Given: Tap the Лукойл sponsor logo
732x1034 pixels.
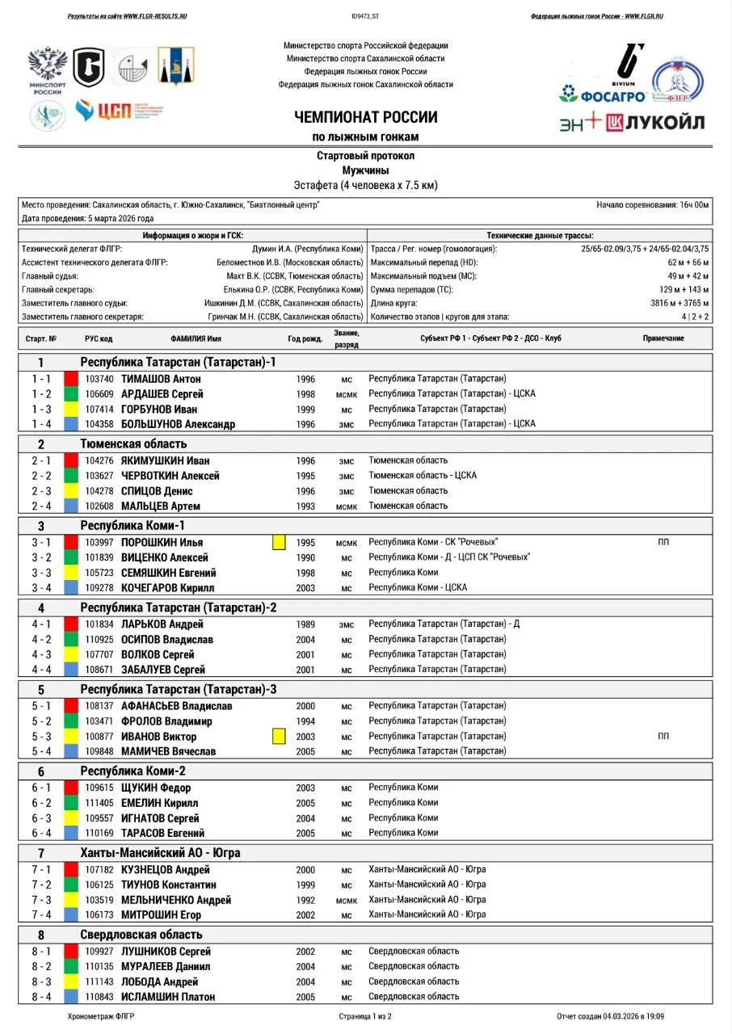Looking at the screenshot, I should tap(655, 122).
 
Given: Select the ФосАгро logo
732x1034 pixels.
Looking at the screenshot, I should tap(603, 95).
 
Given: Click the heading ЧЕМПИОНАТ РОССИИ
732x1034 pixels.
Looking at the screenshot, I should tap(365, 117).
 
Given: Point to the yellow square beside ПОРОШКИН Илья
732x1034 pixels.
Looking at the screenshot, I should tap(279, 543).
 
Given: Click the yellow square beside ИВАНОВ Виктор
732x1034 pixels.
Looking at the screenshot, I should tap(279, 736).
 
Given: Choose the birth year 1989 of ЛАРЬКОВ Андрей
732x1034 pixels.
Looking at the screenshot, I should tap(305, 624).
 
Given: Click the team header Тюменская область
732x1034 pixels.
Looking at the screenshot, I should tap(133, 443).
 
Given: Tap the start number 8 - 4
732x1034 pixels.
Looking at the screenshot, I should tap(41, 997).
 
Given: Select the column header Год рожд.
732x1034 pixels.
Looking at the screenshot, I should tap(305, 338).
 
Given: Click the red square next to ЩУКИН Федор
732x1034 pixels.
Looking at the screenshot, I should tap(71, 788).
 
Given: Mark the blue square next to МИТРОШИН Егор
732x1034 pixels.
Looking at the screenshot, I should tap(71, 915).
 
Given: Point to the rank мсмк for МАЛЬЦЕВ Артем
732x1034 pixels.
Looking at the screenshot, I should tap(347, 506).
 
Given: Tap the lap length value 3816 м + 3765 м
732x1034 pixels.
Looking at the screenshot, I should tap(675, 302).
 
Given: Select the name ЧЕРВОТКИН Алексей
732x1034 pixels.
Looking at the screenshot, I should tap(170, 476).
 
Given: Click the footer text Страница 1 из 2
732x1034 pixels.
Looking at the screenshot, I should tap(365, 1016).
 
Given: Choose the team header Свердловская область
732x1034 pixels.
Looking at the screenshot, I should tap(141, 935).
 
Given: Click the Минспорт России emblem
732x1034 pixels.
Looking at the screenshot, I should tap(47, 70).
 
